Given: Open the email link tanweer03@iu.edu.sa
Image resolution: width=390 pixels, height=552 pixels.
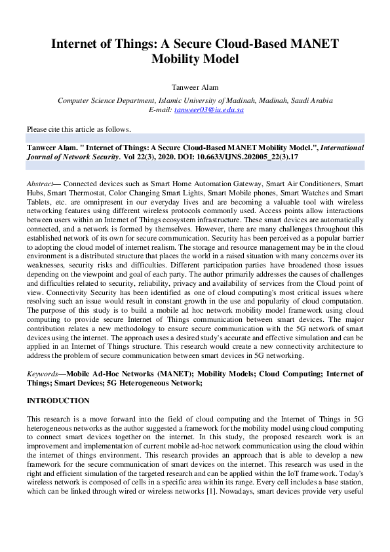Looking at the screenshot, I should click(209, 110).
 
